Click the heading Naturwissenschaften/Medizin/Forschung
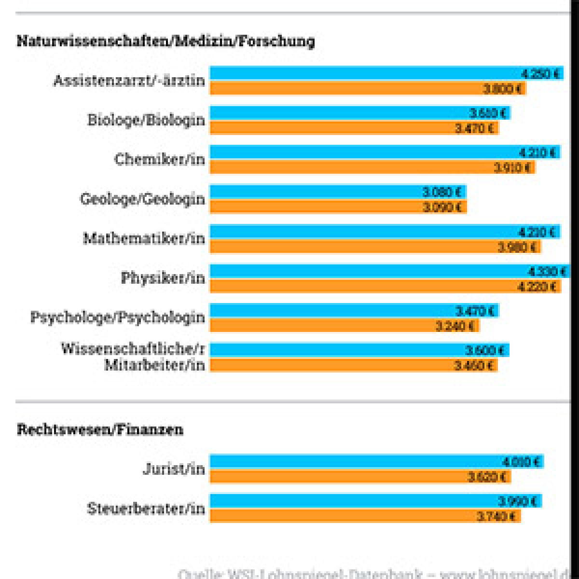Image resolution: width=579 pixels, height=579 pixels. pyautogui.click(x=165, y=41)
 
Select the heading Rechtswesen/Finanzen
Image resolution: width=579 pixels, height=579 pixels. pyautogui.click(x=100, y=429)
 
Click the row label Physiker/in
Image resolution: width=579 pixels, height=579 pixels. pyautogui.click(x=163, y=278)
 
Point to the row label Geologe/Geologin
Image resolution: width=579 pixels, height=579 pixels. pyautogui.click(x=142, y=199)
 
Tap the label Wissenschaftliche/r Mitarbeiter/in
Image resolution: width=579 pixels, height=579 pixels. pyautogui.click(x=133, y=357)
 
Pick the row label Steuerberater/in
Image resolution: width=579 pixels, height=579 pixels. pyautogui.click(x=146, y=509)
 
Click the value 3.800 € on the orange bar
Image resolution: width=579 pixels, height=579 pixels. pyautogui.click(x=503, y=89)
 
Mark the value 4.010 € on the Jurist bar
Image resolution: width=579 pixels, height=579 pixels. pyautogui.click(x=521, y=462)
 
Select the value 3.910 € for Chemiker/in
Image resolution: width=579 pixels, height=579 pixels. pyautogui.click(x=512, y=168)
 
